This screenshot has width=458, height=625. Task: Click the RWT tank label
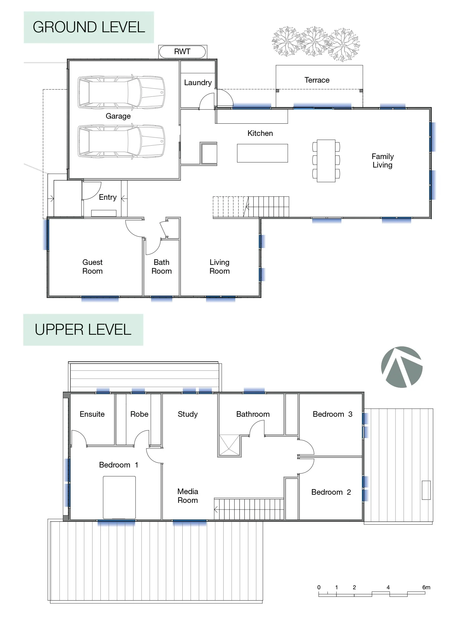pos(182,52)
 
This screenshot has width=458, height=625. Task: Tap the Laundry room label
pos(198,83)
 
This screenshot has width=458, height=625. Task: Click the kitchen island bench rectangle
pos(262,153)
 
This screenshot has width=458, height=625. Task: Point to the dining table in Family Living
pos(326,161)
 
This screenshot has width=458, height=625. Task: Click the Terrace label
pos(317,80)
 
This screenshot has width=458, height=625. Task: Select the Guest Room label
pos(92,266)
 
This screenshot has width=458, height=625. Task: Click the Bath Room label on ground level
pos(161,266)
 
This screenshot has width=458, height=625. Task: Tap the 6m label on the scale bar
pos(426,587)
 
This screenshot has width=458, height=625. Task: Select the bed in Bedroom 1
pos(119,497)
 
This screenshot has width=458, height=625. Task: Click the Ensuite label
pos(92,414)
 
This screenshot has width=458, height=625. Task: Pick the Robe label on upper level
pos(139,414)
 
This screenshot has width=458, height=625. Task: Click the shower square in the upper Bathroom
pos(229,445)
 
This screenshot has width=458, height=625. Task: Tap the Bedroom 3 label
pos(332,414)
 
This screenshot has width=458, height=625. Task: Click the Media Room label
pos(188,496)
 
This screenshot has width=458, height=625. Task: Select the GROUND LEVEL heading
pos(89,27)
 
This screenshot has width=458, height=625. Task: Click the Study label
pos(188,414)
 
